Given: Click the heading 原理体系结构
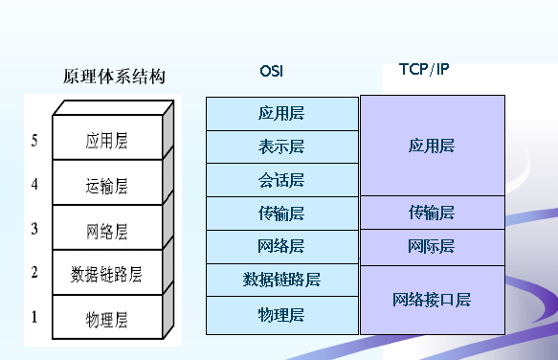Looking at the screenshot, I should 114,77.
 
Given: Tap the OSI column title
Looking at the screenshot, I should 272,71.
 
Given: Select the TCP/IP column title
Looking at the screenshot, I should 423,69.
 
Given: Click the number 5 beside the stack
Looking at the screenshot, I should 34,142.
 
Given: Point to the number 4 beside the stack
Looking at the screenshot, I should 34,185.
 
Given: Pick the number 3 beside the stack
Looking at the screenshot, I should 34,229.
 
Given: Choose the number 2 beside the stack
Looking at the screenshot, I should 34,273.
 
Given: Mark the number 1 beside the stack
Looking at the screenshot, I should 34,316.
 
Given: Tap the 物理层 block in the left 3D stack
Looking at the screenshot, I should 106,318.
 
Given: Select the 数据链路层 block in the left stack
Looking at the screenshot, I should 106,275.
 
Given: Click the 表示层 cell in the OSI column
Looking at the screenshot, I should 281,146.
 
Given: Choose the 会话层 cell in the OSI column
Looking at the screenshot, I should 281,180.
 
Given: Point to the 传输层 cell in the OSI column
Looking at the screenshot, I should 281,214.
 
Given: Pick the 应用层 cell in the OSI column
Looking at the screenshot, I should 281,113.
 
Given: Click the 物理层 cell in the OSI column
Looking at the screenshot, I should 281,314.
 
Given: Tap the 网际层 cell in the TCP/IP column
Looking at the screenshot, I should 432,247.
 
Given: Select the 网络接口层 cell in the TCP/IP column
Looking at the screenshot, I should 432,300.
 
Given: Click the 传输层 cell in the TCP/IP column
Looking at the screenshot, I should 432,213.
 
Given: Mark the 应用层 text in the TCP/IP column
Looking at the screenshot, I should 432,146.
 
